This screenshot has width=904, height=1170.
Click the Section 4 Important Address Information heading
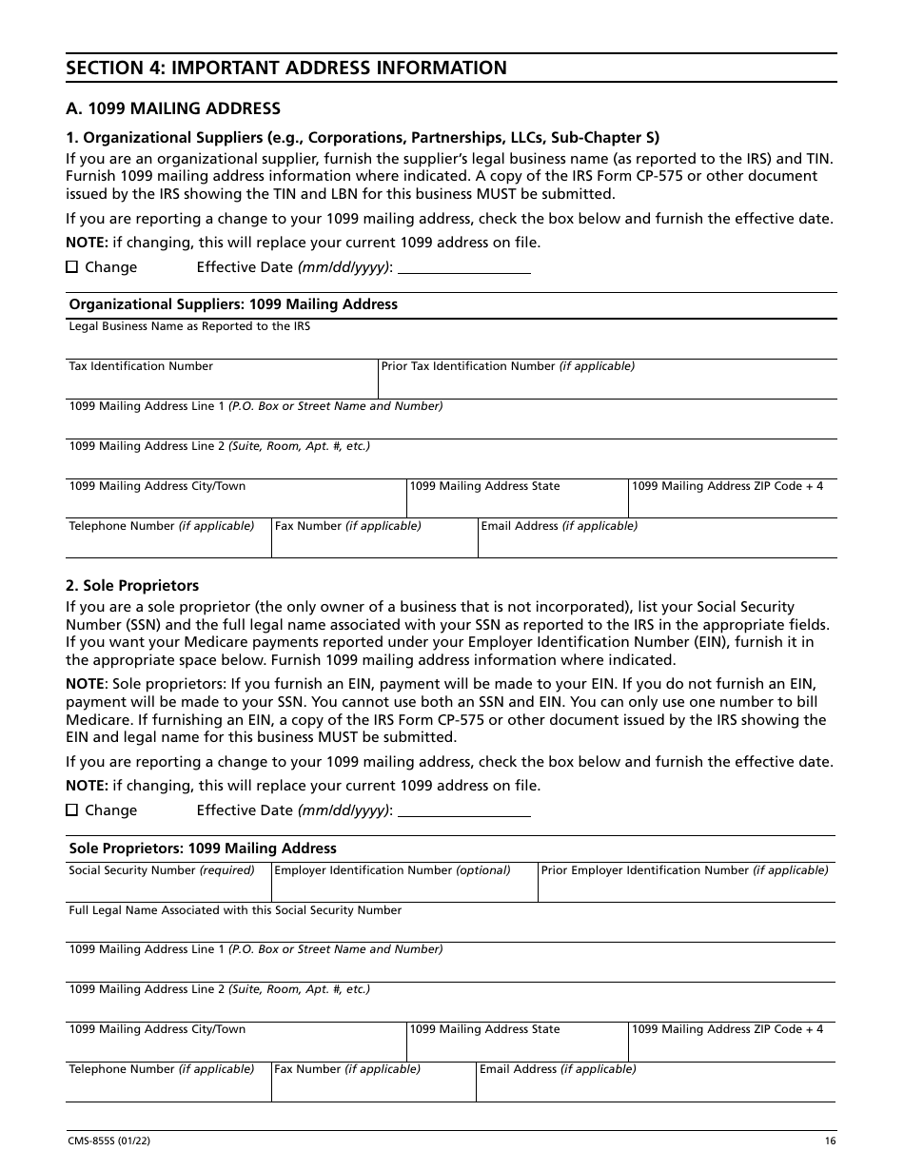[286, 68]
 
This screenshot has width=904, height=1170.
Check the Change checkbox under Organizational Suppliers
[72, 267]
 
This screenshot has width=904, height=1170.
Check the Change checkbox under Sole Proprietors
[72, 810]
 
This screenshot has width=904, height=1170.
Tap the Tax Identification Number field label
[141, 366]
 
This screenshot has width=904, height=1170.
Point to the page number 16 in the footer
[831, 1141]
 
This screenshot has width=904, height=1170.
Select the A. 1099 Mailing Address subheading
[173, 108]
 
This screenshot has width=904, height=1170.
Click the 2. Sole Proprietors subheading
[132, 585]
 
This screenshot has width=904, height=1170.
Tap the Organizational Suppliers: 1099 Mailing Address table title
[233, 304]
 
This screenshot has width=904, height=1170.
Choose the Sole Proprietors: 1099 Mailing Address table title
[203, 848]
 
